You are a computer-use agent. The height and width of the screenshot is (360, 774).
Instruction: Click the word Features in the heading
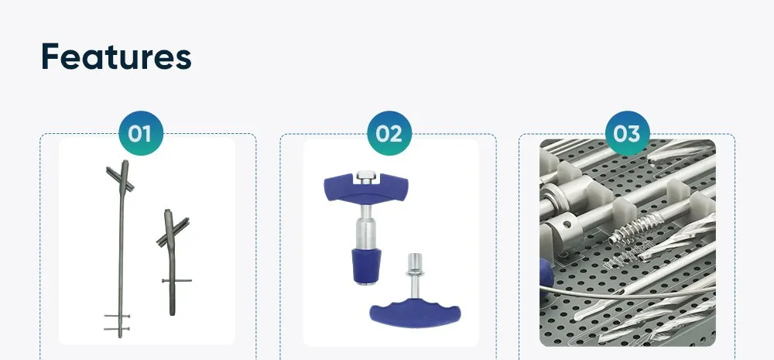point(116,57)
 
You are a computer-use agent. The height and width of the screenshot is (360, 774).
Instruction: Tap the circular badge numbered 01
point(140,134)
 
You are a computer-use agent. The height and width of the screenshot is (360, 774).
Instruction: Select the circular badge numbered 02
point(389,134)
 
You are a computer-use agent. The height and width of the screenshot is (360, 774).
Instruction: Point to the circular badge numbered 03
point(627,134)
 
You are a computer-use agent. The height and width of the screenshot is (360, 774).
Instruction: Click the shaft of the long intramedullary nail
point(121,255)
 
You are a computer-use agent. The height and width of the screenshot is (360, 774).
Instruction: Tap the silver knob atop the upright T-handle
point(368,175)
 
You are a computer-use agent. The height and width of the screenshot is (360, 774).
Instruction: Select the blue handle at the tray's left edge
point(546,275)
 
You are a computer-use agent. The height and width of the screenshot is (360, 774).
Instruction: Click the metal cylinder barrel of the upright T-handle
point(365,231)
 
